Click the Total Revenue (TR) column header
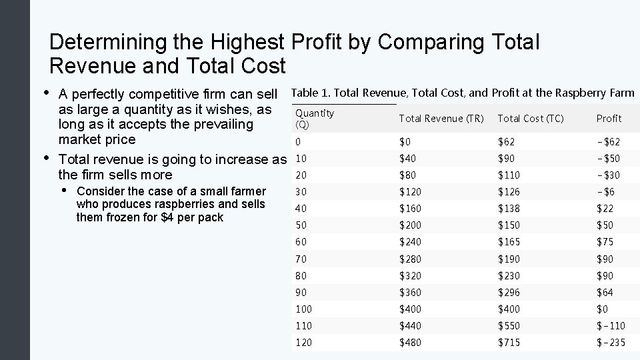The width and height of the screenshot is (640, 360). (441, 119)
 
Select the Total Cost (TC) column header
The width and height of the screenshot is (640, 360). (530, 119)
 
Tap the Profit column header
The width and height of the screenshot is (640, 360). (608, 119)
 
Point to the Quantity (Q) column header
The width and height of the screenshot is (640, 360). (314, 119)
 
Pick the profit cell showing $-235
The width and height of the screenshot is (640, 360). (610, 343)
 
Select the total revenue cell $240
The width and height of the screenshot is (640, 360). (410, 242)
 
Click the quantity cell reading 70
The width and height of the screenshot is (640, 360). (301, 259)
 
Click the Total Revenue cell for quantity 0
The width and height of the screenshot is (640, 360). (405, 142)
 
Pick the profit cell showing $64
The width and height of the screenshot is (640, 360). (605, 293)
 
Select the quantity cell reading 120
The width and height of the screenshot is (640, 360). (303, 343)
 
